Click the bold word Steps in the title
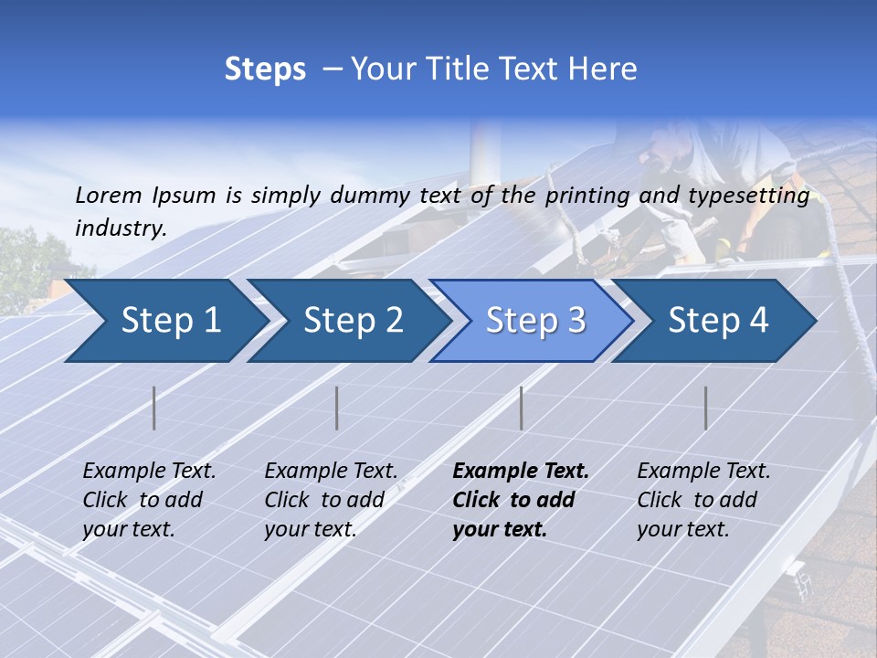pos(265,69)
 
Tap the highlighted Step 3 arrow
pos(534,321)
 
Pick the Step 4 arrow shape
pos(717,321)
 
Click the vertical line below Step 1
pos(154,408)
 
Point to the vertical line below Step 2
pos(337,408)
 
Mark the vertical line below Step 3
pos(522,408)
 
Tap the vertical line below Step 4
pos(706,408)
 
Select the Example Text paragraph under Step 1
pos(149,500)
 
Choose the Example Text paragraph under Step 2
pos(331,500)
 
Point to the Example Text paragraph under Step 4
pos(703,500)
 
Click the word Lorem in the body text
pos(109,195)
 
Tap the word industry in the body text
pos(121,228)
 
